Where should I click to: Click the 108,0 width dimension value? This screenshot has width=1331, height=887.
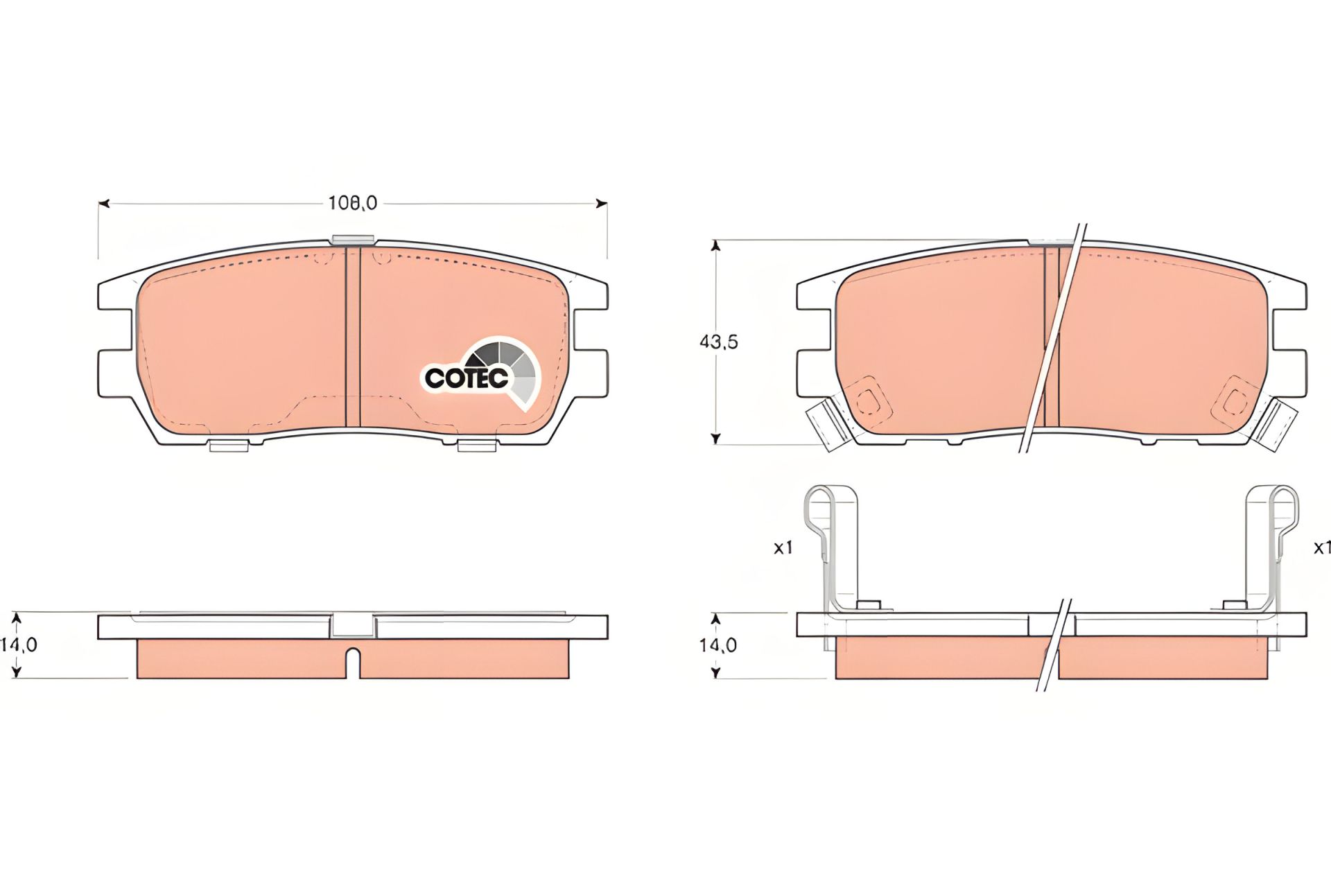352,202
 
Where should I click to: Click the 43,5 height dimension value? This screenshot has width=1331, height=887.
718,342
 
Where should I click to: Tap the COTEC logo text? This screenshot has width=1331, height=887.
466,378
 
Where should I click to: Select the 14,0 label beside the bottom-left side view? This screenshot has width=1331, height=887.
19,644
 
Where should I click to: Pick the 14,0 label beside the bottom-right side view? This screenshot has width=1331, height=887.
718,645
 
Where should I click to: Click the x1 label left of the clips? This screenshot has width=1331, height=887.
783,547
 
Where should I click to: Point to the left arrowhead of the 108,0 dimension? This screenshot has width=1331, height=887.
103,204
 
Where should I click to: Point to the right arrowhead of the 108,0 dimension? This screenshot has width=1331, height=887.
602,204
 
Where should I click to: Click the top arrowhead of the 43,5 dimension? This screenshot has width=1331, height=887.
716,245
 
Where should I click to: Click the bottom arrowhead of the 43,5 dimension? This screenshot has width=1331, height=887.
716,439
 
